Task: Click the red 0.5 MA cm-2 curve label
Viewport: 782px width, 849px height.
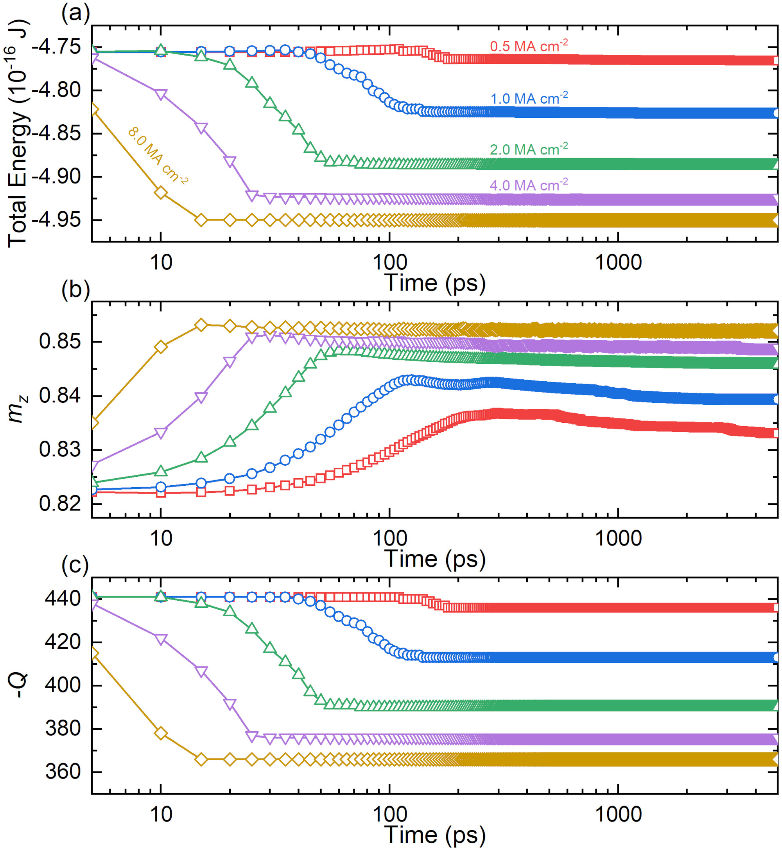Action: [x=529, y=46]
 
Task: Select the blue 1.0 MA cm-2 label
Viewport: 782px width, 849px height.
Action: [x=529, y=98]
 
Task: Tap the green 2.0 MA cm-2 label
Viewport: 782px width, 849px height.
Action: [x=529, y=149]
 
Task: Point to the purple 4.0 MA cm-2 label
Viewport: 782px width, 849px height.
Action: [x=529, y=185]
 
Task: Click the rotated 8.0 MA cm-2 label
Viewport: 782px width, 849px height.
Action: [x=158, y=155]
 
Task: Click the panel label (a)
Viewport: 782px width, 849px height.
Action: [x=75, y=14]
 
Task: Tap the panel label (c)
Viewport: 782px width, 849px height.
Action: [x=75, y=565]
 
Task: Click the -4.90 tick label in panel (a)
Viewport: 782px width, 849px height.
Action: [x=56, y=176]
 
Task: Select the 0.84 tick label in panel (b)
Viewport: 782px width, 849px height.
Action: [x=60, y=396]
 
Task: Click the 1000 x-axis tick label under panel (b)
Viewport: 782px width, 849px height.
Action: [x=618, y=538]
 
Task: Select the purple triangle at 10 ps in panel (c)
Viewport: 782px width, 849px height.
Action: [x=161, y=639]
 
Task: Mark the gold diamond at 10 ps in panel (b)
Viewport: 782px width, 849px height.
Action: [x=161, y=346]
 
